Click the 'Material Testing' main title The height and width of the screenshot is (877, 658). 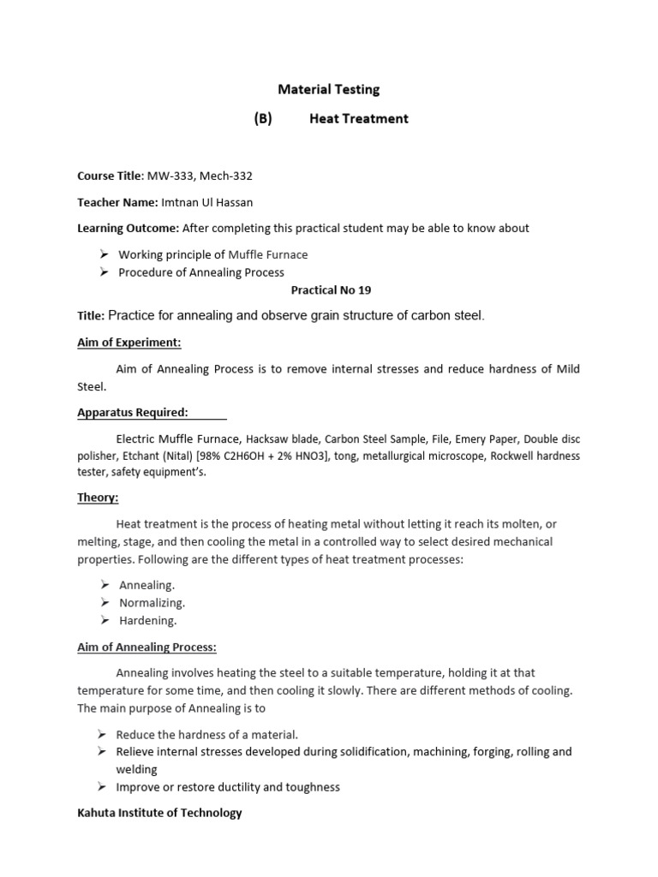[x=329, y=89]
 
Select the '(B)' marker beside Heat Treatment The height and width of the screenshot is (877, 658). [x=262, y=119]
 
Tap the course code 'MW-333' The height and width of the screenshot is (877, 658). [x=167, y=176]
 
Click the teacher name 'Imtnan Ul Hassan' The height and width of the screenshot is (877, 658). [x=213, y=202]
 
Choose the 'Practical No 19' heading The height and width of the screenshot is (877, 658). [x=331, y=291]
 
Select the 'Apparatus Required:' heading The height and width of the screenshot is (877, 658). [x=133, y=413]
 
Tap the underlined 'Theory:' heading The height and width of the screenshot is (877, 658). [x=98, y=498]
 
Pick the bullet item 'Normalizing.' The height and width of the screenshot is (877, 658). [x=152, y=603]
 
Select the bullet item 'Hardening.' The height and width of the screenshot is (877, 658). [x=147, y=620]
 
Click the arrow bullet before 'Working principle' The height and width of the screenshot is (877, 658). [x=103, y=254]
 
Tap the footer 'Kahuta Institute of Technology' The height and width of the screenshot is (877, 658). [x=159, y=813]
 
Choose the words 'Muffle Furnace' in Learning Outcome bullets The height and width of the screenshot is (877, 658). [x=268, y=254]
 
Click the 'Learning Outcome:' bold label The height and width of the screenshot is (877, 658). [x=129, y=228]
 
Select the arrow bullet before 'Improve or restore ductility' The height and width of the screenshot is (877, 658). [x=103, y=786]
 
